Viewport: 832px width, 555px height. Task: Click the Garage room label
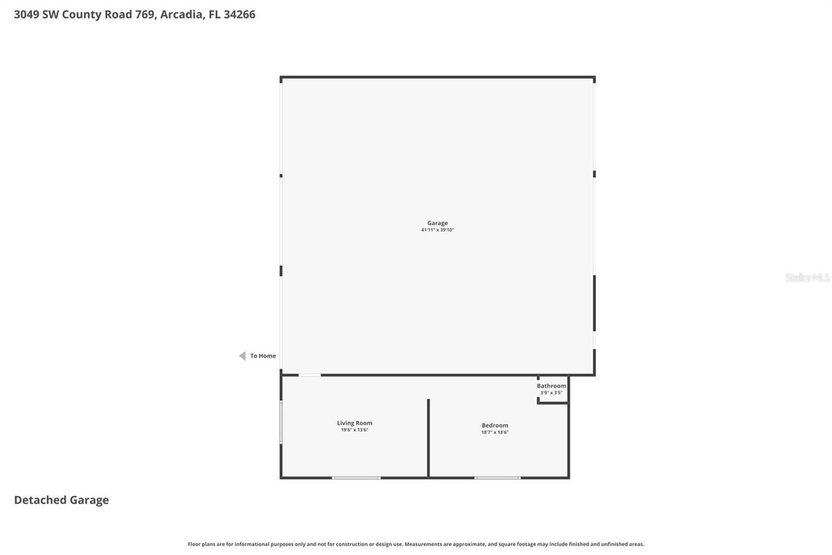pos(437,223)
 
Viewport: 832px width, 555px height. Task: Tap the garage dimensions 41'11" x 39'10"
pos(437,230)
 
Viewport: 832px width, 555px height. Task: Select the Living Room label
pos(354,423)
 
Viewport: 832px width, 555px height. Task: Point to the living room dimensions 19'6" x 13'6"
pos(354,430)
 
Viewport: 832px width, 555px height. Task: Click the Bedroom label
pos(495,426)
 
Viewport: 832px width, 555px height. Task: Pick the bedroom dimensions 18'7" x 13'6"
pos(495,433)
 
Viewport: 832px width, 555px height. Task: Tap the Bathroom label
pos(551,386)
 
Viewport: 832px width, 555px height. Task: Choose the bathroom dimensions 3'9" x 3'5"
pos(551,393)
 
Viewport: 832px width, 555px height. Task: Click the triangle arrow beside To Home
pos(242,356)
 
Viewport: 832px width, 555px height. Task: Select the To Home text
pos(263,356)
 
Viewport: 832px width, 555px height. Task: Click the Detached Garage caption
pos(61,500)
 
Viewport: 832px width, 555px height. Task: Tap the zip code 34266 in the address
pos(239,14)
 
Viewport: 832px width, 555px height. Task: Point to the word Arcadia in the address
pos(181,14)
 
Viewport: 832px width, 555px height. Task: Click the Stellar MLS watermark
pos(807,278)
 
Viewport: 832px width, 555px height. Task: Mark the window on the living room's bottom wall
pos(356,478)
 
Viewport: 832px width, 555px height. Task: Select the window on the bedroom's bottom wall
pos(497,478)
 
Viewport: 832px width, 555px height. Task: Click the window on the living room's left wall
pos(281,423)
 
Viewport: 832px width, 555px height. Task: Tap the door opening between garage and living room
pos(309,375)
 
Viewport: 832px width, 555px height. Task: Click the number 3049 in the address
pos(26,14)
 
